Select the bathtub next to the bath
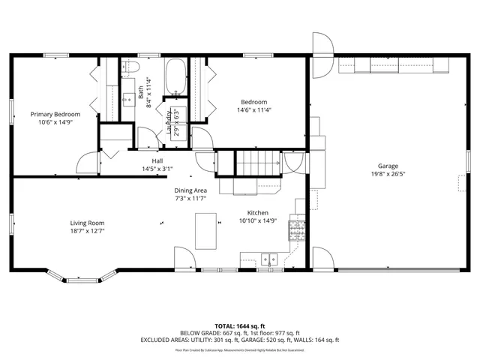(176, 77)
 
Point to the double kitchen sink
(270, 259)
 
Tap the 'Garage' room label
(387, 166)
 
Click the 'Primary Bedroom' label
(55, 114)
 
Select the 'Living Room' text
(87, 223)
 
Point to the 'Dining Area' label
(190, 190)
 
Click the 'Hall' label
(157, 160)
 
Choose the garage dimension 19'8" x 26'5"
(387, 174)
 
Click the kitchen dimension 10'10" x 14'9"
(253, 220)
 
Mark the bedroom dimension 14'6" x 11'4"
(253, 110)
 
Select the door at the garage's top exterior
(323, 45)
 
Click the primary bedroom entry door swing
(88, 162)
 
